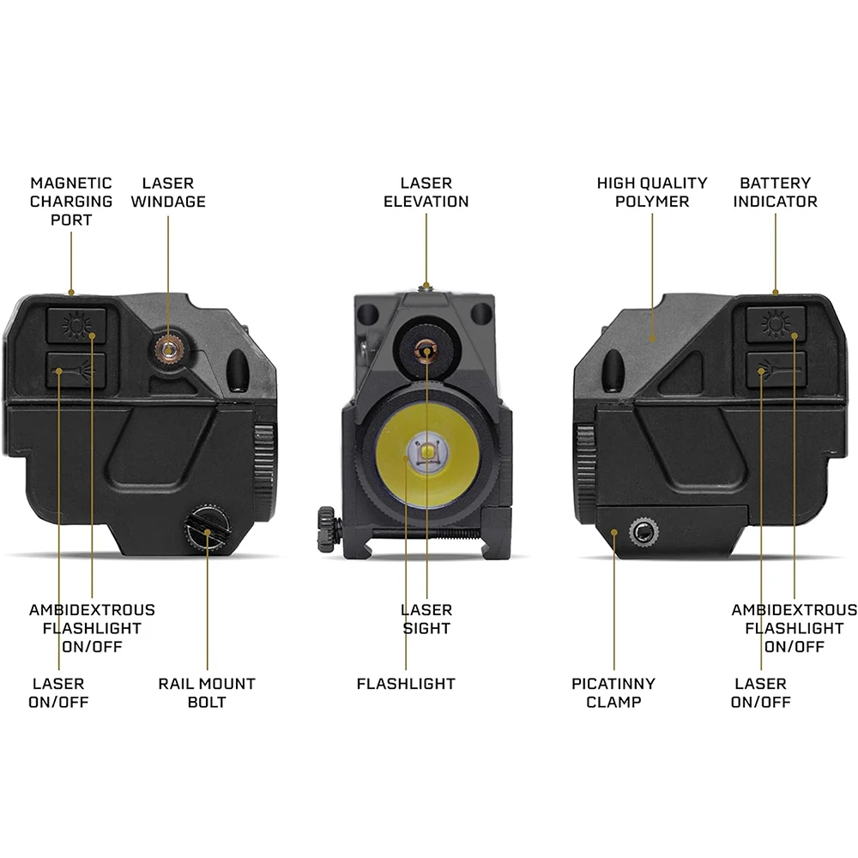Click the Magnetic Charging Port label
pos(71,202)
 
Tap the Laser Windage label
pos(168,192)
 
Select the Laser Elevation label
pos(426,192)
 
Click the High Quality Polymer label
pos(652,192)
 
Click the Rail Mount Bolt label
pos(207,692)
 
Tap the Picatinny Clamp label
pos(613,692)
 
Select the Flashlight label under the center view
pos(406,684)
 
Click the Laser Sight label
pos(426,619)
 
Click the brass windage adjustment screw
pos(168,347)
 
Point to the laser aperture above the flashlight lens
pos(425,347)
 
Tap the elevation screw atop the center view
pos(425,287)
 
